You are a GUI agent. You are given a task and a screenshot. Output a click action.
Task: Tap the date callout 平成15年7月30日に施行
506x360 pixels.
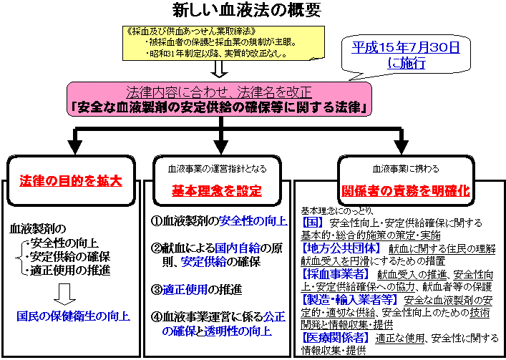coord(406,55)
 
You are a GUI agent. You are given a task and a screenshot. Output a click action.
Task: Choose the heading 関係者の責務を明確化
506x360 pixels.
coord(405,190)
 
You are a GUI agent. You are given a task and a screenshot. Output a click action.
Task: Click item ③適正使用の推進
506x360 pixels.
coord(196,290)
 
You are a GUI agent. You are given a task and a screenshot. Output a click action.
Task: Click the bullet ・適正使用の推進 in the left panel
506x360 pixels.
coord(64,270)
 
